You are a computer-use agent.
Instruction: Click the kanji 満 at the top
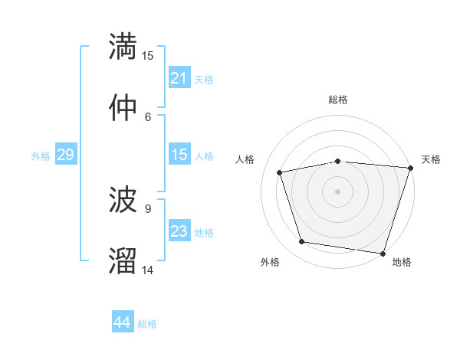(123, 46)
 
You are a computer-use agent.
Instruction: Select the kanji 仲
(123, 107)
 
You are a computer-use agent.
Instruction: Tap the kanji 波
(123, 200)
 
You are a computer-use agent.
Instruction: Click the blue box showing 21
(179, 78)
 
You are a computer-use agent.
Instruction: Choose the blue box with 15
(179, 155)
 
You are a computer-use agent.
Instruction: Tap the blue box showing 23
(179, 231)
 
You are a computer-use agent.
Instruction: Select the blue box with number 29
(65, 155)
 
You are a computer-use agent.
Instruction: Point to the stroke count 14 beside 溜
(148, 270)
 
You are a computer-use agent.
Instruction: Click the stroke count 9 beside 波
(148, 208)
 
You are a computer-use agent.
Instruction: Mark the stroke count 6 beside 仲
(148, 116)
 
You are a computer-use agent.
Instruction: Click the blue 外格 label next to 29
(41, 156)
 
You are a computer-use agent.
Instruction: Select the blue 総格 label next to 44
(147, 324)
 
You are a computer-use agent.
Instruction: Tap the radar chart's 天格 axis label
(431, 159)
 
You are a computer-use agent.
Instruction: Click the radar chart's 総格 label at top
(338, 100)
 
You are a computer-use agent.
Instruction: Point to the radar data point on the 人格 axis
(280, 172)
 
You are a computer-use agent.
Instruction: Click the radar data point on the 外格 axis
(302, 242)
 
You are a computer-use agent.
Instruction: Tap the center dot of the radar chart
(338, 191)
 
